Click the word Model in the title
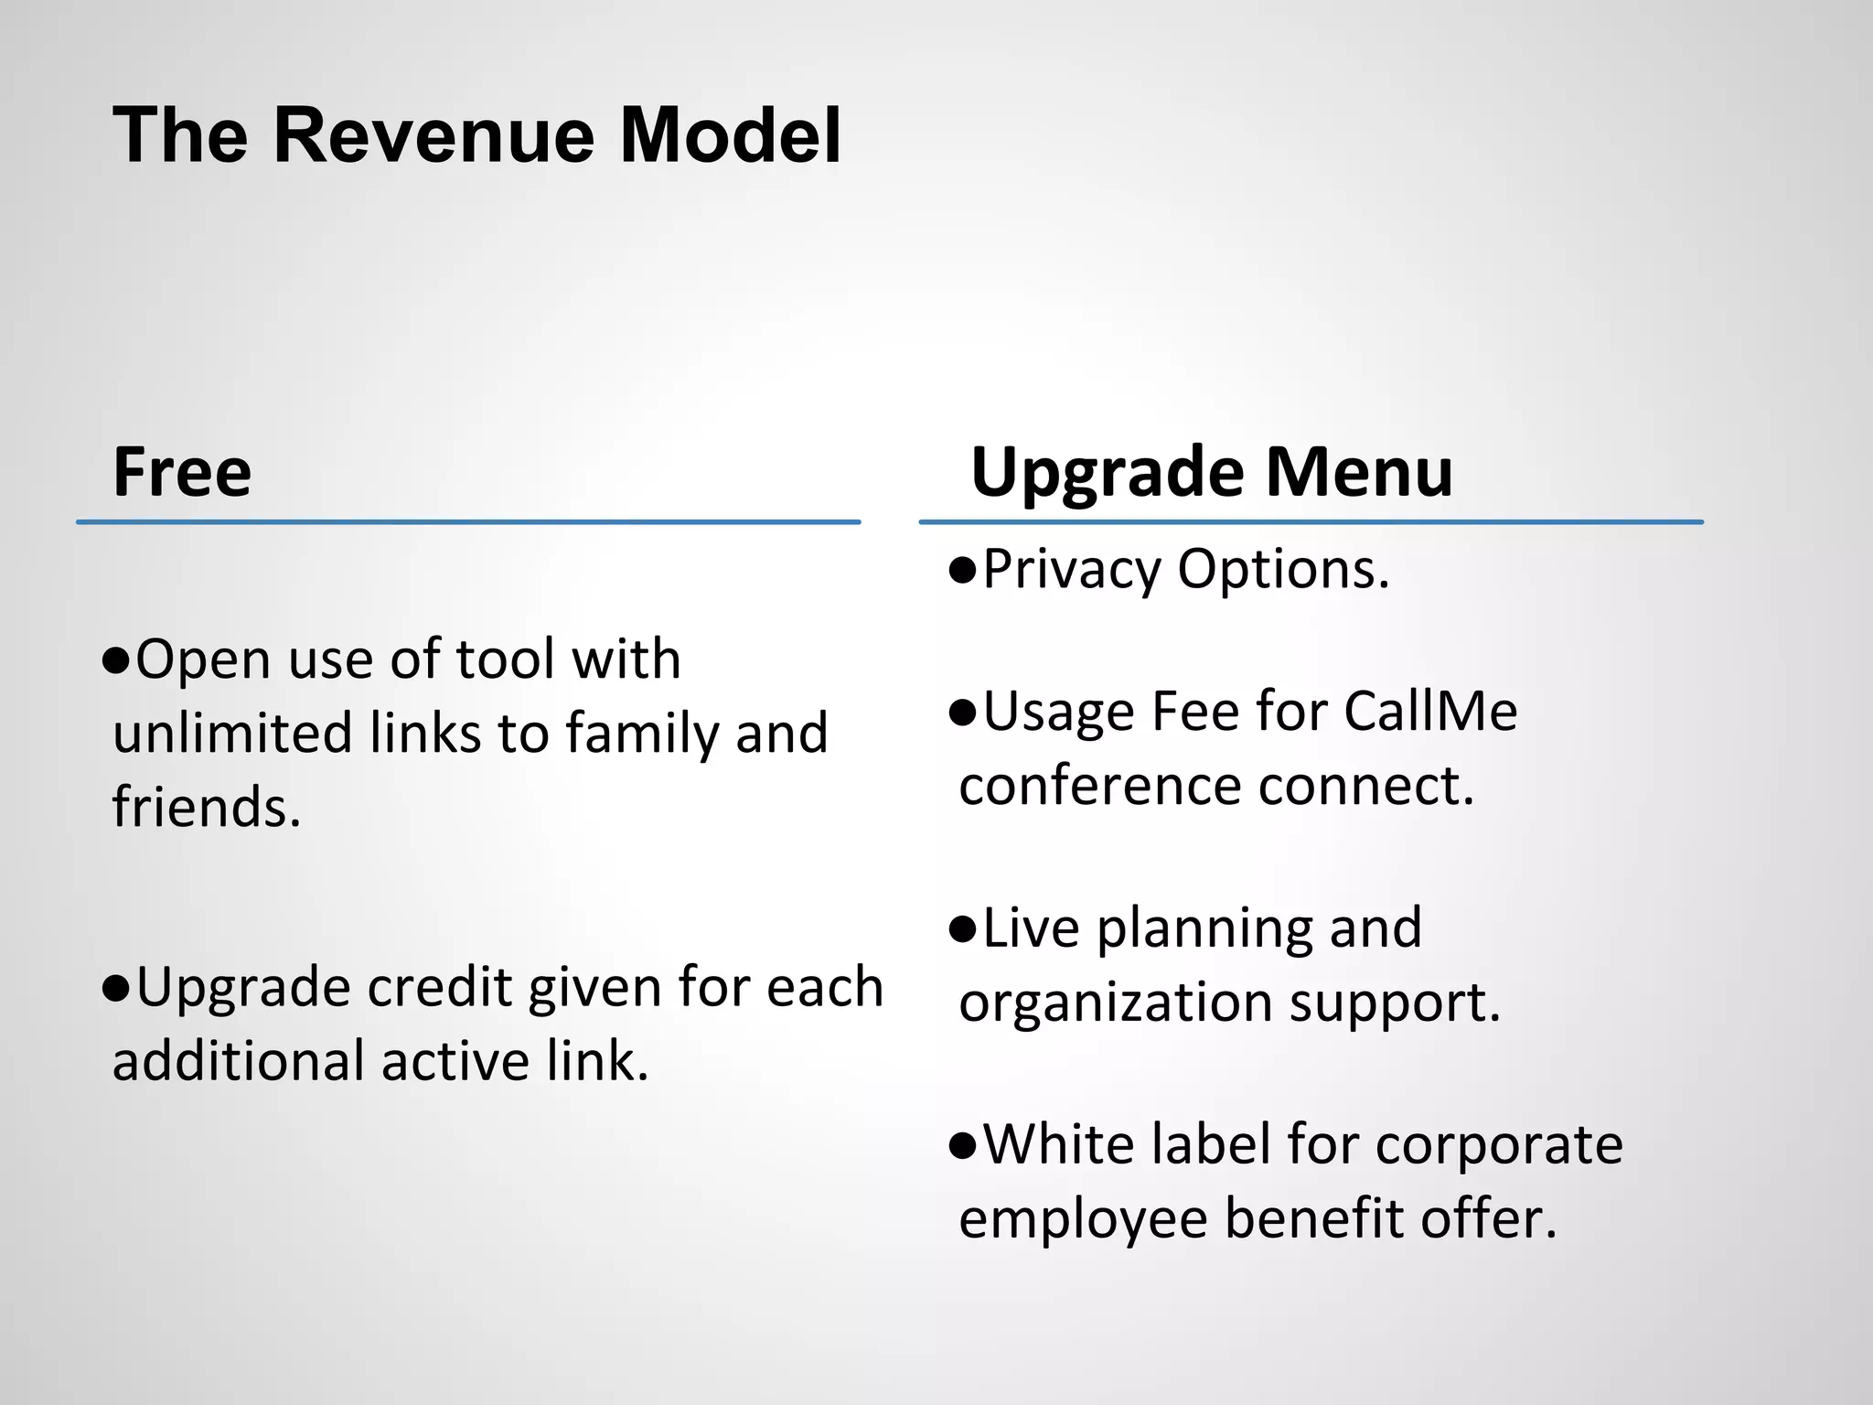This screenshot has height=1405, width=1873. pyautogui.click(x=730, y=135)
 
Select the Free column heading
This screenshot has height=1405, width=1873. pyautogui.click(x=182, y=472)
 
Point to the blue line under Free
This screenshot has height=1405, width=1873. pyautogui.click(x=468, y=522)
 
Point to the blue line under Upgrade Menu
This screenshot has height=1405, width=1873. pyautogui.click(x=1311, y=522)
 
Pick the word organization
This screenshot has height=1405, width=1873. pyautogui.click(x=1115, y=1003)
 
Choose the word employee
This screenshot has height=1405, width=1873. pyautogui.click(x=1083, y=1219)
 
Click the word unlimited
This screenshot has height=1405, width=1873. pyautogui.click(x=232, y=734)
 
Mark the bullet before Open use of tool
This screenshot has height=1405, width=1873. pyautogui.click(x=117, y=660)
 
